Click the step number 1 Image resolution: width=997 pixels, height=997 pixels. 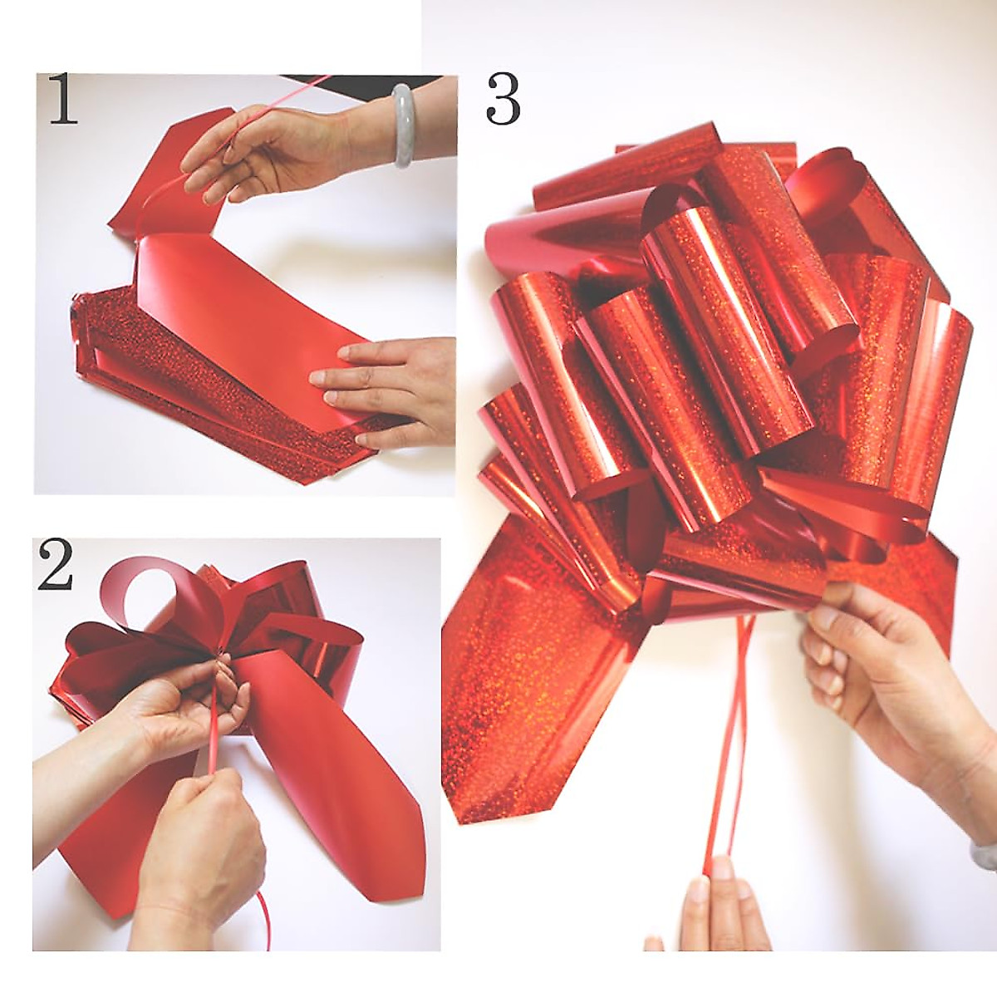pos(63,100)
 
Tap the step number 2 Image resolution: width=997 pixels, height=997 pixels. pos(54,564)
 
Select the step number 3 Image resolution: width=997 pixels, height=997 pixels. pos(503,101)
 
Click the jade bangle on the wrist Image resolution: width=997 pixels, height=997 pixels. pos(402,125)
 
